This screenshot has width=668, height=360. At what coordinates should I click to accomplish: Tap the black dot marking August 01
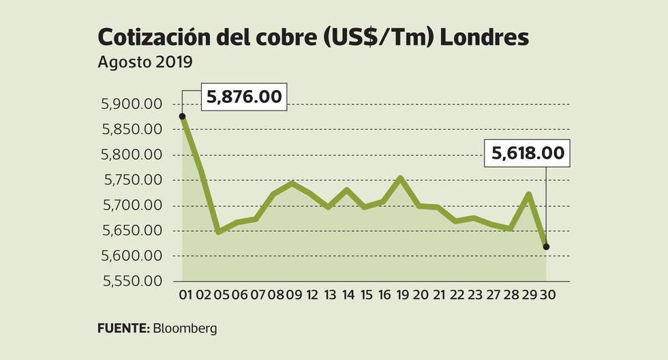coord(182,117)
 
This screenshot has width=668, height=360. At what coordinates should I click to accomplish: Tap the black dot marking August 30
coord(547,247)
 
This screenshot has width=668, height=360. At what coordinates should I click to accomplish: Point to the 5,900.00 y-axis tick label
coord(131,104)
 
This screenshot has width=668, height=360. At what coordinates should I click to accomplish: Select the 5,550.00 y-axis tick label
coord(131,281)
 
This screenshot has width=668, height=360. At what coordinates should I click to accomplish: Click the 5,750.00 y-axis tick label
coord(131,180)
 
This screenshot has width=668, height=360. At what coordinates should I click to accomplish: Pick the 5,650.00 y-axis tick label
coord(131,230)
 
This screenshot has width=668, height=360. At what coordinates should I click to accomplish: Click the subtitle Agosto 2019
coord(145,62)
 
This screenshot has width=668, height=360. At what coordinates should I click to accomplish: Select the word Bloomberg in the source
coord(185,329)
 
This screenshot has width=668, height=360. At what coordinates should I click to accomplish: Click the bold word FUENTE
coord(123,329)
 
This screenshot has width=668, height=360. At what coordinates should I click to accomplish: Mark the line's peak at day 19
coord(401,178)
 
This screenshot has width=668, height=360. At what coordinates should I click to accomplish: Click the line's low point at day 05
coord(219,232)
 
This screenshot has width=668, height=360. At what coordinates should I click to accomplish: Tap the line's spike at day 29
coord(528,194)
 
